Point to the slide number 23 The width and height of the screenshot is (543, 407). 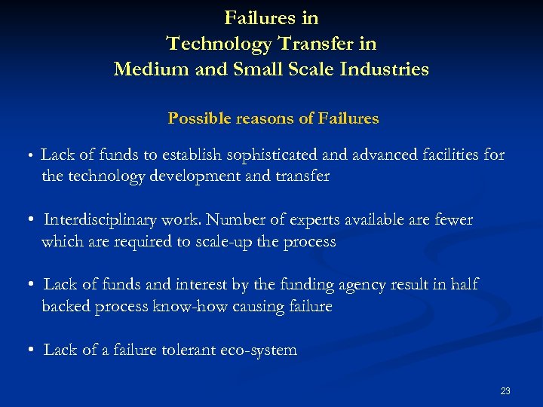click(505, 390)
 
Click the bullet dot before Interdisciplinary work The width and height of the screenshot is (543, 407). click(28, 220)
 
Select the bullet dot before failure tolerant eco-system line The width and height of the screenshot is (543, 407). click(28, 350)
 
